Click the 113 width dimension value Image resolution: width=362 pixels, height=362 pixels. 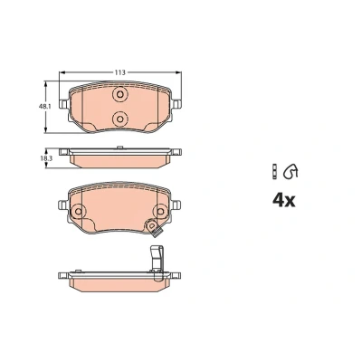119,72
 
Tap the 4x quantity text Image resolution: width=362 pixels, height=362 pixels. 284,200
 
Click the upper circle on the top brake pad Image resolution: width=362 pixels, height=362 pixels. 119,95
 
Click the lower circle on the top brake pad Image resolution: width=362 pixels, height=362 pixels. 119,119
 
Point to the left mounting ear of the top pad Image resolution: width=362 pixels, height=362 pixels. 63,104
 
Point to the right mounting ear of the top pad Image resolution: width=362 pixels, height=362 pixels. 176,104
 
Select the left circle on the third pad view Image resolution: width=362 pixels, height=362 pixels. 79,211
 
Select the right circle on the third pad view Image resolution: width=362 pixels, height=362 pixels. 160,211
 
